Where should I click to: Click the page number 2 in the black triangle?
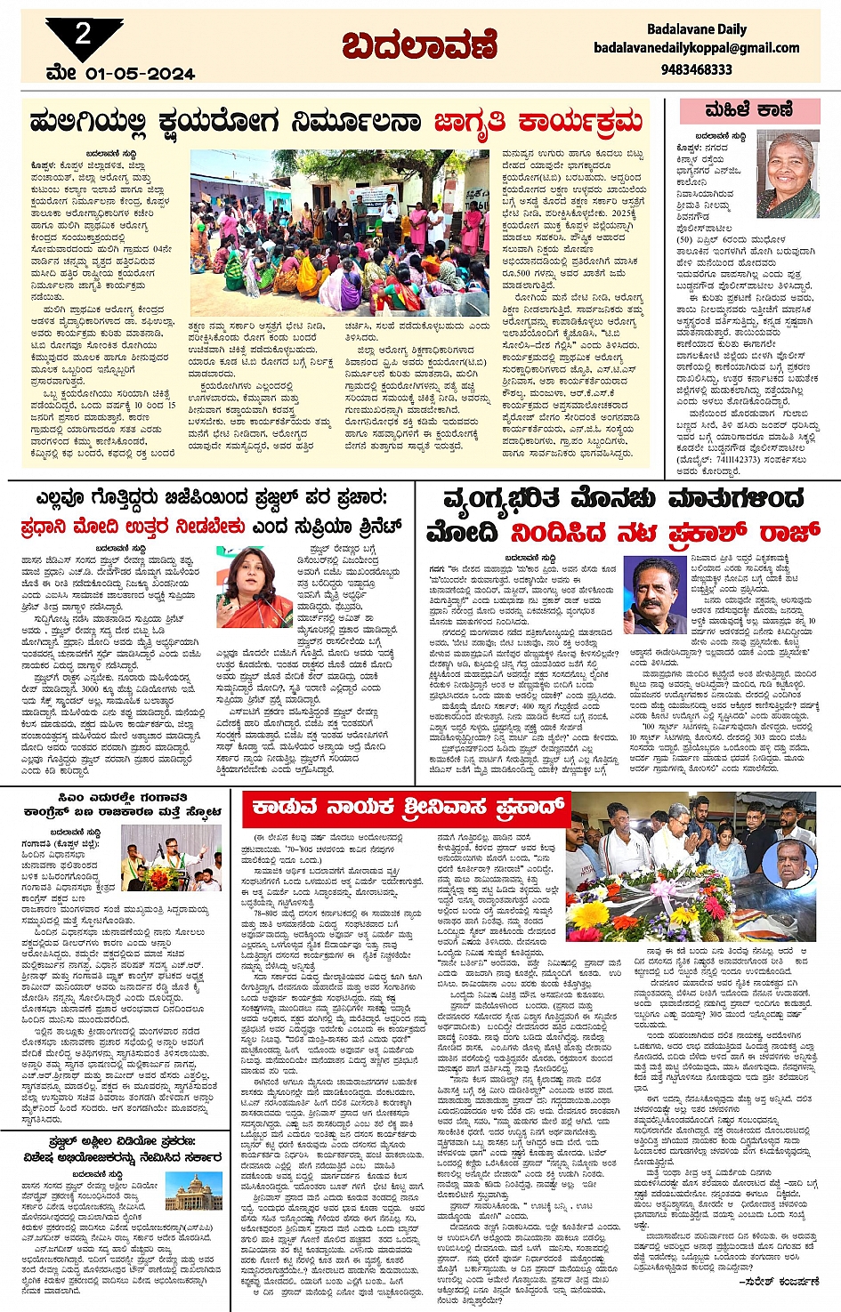(x=83, y=34)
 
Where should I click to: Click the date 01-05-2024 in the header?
(x=140, y=74)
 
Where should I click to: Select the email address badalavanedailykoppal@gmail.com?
(x=697, y=48)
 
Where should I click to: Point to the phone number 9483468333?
(x=697, y=68)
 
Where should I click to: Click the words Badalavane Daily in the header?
(x=697, y=29)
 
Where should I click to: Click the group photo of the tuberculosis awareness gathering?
(x=339, y=231)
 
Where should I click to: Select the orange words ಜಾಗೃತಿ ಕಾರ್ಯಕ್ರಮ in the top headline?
(x=538, y=122)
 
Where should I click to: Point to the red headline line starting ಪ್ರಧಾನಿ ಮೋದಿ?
(x=211, y=527)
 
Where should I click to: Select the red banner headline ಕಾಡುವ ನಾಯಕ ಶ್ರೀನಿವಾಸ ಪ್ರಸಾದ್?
(x=408, y=808)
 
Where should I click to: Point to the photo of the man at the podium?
(x=171, y=857)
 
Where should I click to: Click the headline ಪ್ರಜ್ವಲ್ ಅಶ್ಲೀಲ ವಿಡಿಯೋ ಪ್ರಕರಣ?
(x=122, y=1142)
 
